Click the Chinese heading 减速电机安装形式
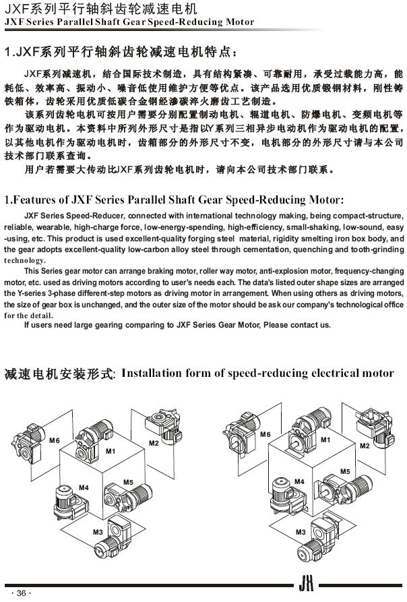(59, 373)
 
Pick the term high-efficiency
(256, 227)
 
